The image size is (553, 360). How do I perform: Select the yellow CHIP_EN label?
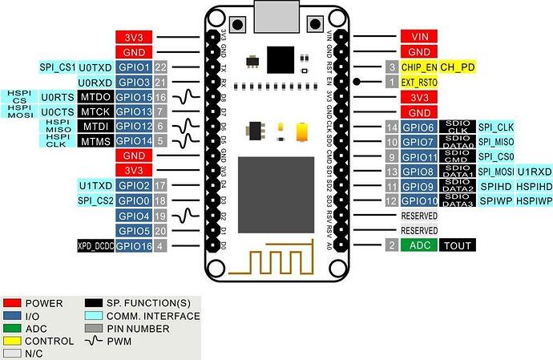pos(419,67)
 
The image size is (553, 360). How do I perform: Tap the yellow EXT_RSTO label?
pos(419,82)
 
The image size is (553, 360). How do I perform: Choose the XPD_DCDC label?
pos(95,245)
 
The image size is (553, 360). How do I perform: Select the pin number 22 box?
pos(161,67)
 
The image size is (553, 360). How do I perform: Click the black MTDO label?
pos(95,97)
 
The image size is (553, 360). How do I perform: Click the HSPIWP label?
pos(533,200)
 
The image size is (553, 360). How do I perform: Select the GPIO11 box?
pos(419,156)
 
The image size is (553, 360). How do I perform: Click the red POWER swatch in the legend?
pos(12,304)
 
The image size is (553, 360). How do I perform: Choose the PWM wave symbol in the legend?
pos(95,341)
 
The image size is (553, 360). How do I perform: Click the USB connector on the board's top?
pos(276,14)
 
